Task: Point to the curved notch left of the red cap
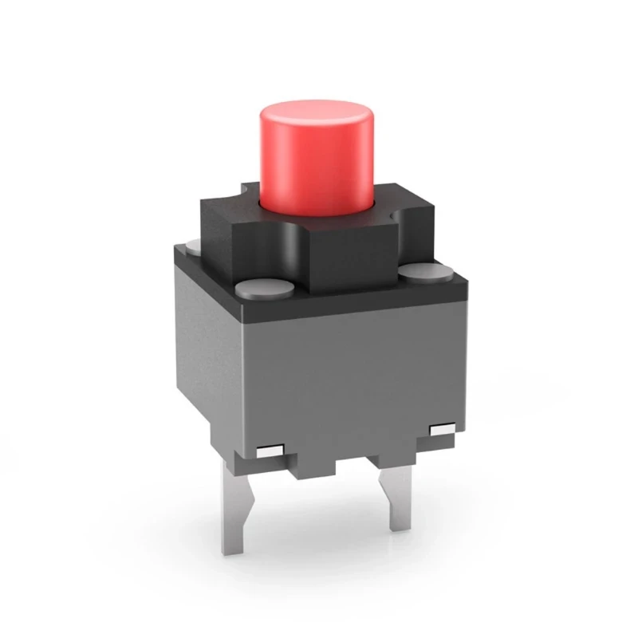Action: (x=248, y=191)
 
